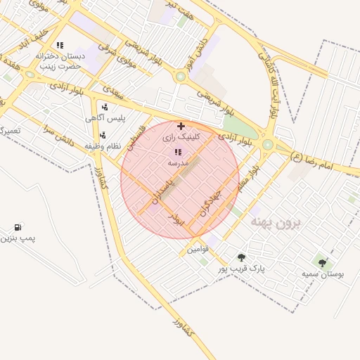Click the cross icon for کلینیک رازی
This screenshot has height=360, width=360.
[181, 126]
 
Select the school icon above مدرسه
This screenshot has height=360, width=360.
[177, 151]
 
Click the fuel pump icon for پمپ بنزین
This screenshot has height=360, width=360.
[17, 227]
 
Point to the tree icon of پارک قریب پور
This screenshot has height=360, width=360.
[242, 257]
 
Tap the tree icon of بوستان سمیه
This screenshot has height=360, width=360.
[322, 263]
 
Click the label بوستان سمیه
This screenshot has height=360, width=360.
[323, 274]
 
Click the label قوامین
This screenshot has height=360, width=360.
[198, 249]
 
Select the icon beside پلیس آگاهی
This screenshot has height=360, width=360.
[105, 107]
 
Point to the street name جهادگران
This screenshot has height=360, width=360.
[210, 200]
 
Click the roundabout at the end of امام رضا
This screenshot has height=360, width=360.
[267, 145]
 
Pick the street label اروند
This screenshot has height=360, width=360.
[176, 219]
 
